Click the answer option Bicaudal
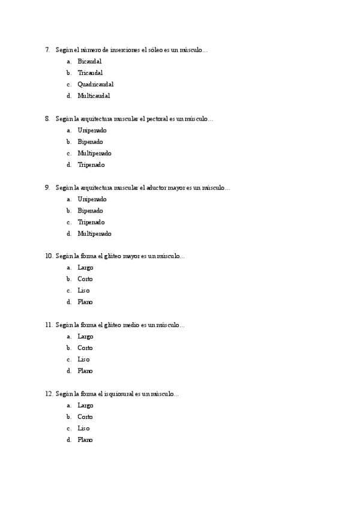click(89, 61)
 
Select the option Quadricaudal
click(95, 84)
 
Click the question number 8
click(47, 119)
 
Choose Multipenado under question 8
click(94, 153)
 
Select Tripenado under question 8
click(91, 164)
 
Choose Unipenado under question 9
click(92, 199)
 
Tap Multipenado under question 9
click(94, 233)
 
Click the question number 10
click(49, 256)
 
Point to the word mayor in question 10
click(131, 256)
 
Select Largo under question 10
click(85, 268)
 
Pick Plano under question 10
click(85, 302)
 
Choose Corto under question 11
click(85, 348)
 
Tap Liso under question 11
click(83, 360)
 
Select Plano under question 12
click(85, 440)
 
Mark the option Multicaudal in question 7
click(94, 95)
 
